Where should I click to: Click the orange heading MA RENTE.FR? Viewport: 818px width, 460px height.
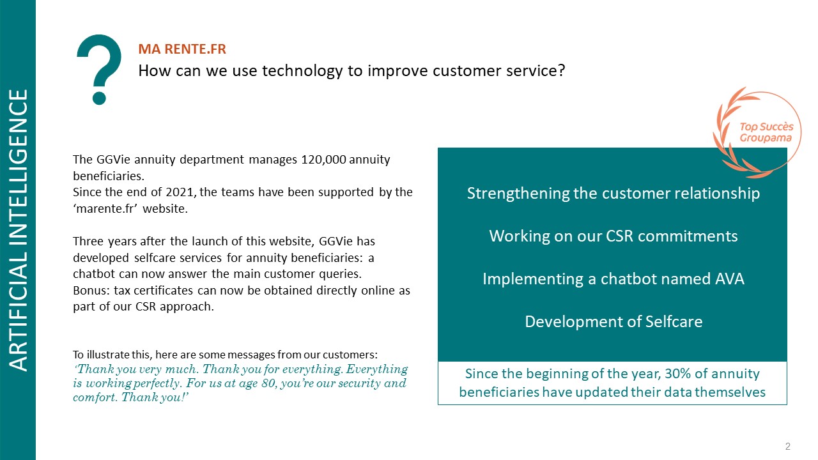click(182, 49)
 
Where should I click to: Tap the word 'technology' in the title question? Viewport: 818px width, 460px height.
click(302, 71)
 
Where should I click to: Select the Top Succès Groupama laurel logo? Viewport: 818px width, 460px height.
click(757, 132)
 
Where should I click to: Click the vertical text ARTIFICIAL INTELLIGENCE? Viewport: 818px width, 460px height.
click(18, 231)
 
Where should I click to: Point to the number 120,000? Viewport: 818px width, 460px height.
click(323, 160)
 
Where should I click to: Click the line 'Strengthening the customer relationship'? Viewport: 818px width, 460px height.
click(613, 194)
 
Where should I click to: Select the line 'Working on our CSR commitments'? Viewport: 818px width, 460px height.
click(613, 236)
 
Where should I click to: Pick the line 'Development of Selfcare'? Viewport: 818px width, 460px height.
click(613, 321)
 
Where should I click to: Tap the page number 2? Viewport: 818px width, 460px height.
click(788, 446)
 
